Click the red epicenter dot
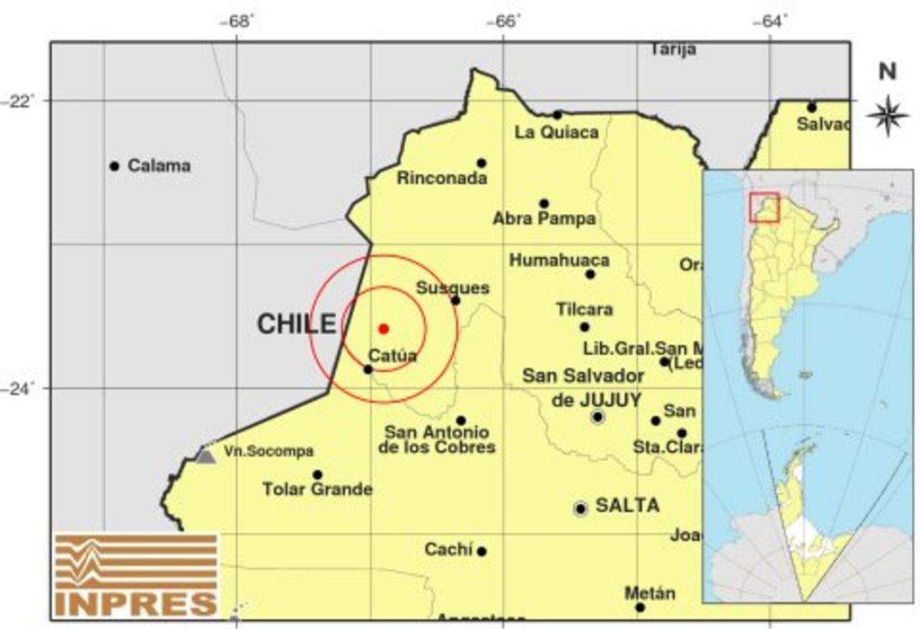[384, 329]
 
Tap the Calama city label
[159, 166]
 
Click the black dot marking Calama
[114, 166]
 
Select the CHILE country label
[296, 324]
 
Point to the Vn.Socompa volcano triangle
[206, 456]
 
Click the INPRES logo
[136, 575]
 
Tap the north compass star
[887, 114]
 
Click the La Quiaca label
[556, 133]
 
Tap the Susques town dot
[456, 300]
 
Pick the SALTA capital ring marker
[580, 509]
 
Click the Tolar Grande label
[317, 490]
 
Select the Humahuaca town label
[559, 261]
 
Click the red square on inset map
[764, 207]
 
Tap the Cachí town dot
[482, 552]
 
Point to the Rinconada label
[442, 179]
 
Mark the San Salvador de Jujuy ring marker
[598, 416]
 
